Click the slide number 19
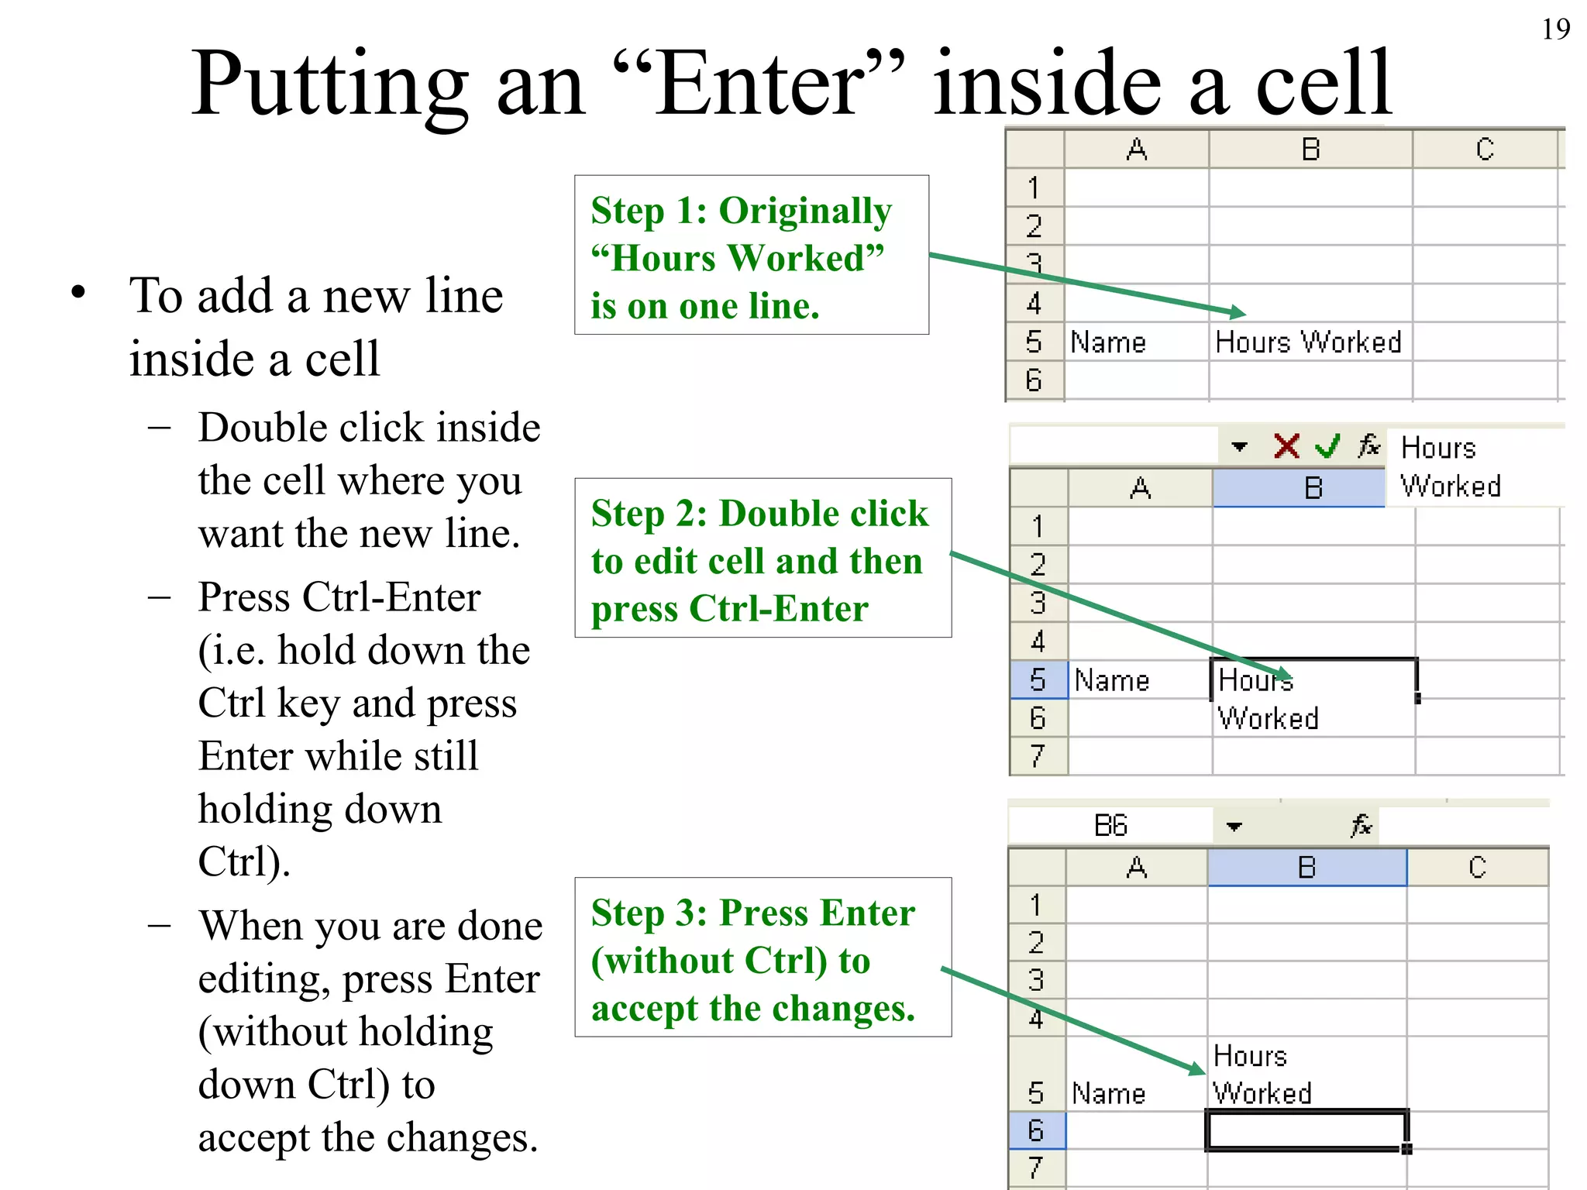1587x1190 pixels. (x=1555, y=29)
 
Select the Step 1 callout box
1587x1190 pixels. (x=751, y=255)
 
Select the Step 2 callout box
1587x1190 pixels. (x=763, y=558)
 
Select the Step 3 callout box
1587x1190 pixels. (x=763, y=957)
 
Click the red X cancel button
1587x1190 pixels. (x=1286, y=446)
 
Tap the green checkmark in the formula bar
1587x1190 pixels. (x=1327, y=446)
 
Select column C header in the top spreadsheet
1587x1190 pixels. (x=1484, y=149)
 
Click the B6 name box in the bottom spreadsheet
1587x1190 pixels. (x=1110, y=826)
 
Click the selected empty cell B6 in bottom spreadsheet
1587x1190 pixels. (x=1306, y=1130)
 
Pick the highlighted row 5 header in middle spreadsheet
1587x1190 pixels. (x=1038, y=679)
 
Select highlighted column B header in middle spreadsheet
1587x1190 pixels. (x=1313, y=488)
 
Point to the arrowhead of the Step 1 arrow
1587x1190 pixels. (x=1240, y=313)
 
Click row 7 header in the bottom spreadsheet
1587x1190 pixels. (x=1035, y=1168)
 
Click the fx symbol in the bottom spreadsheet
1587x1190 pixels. (x=1362, y=826)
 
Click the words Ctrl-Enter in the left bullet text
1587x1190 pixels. (x=391, y=597)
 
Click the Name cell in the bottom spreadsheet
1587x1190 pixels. (x=1108, y=1093)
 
